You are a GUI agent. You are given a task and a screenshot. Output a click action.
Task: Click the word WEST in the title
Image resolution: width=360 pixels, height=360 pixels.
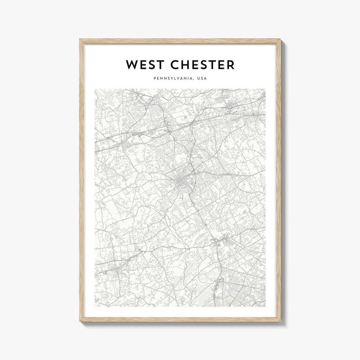(x=144, y=65)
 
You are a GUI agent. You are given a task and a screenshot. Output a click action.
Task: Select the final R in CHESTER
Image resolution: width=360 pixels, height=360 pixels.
(x=230, y=65)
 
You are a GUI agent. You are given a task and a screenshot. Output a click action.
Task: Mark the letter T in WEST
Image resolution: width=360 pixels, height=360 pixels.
(x=157, y=65)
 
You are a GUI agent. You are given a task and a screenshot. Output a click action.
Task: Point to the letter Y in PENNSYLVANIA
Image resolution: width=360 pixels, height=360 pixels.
(x=169, y=79)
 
